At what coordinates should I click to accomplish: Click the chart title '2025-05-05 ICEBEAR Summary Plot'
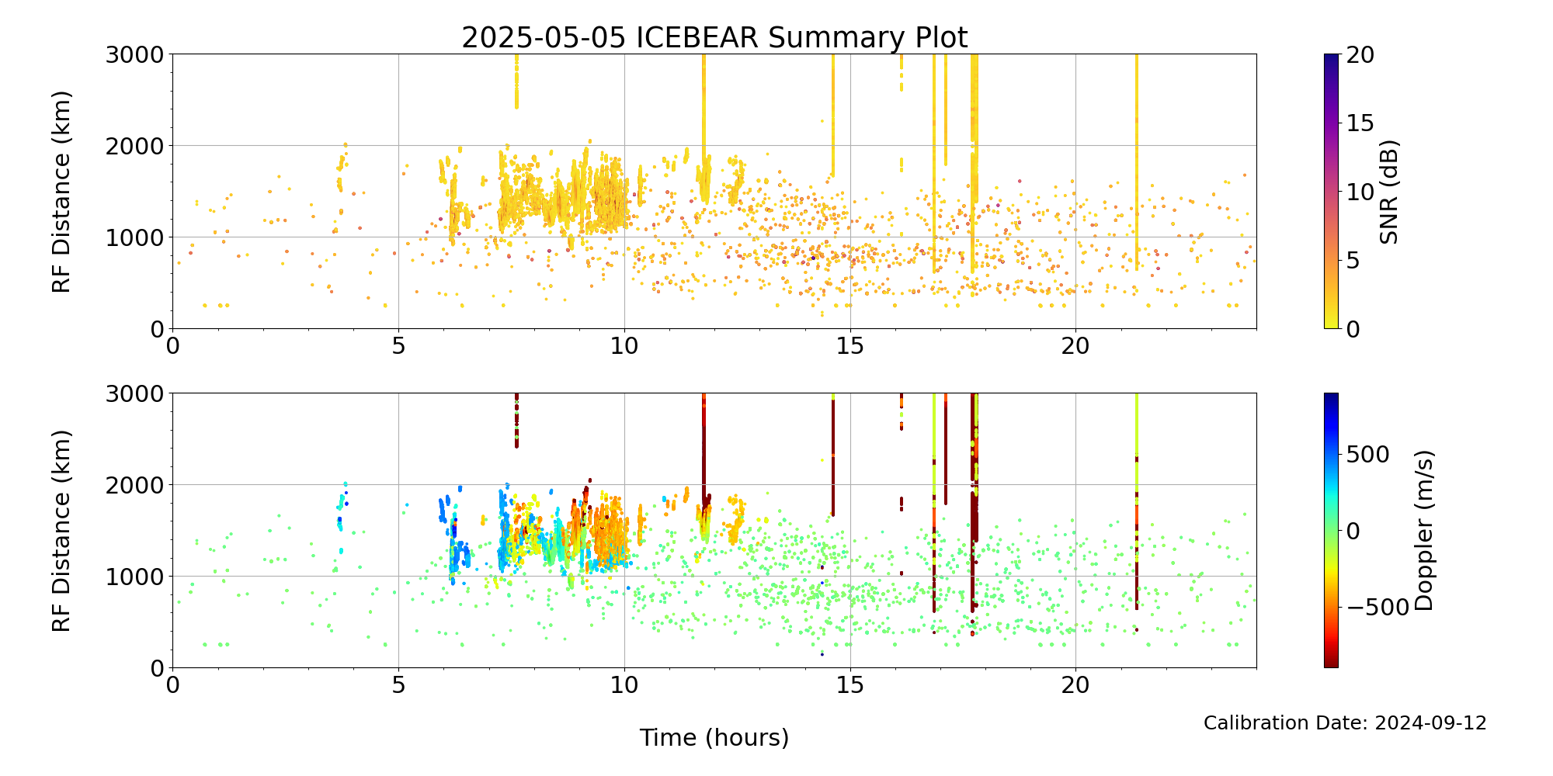click(714, 37)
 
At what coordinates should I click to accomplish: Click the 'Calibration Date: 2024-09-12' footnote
click(1345, 723)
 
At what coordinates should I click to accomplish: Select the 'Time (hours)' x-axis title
click(714, 738)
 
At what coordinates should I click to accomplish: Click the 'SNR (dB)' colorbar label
click(1389, 192)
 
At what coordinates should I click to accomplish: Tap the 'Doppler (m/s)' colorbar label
click(1424, 530)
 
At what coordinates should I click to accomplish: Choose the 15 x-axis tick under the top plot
click(850, 345)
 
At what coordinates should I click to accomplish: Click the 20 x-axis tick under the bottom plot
click(1075, 684)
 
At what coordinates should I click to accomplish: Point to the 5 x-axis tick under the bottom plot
click(398, 684)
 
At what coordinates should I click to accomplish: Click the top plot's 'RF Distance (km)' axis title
click(61, 192)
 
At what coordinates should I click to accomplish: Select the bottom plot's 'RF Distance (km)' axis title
click(61, 531)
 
